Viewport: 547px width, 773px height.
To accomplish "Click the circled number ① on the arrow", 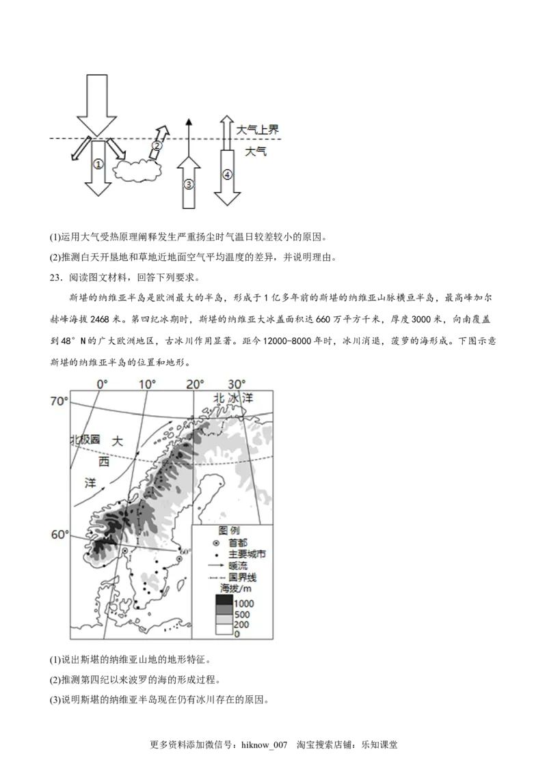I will click(x=98, y=165).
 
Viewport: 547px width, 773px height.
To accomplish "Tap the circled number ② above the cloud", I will click(x=157, y=145).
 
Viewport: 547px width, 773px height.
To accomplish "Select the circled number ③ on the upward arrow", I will click(x=189, y=184).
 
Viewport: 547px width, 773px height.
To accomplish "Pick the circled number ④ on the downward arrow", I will click(x=228, y=174).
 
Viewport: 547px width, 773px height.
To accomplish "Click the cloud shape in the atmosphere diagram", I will click(x=136, y=171).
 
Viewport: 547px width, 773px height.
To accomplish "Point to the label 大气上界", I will click(x=258, y=129).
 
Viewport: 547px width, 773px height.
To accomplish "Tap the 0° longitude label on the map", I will click(x=102, y=384).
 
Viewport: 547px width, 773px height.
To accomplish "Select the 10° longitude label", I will click(x=148, y=384).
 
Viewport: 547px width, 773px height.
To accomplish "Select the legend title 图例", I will click(x=228, y=531).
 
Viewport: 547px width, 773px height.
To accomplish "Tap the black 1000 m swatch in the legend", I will click(x=224, y=601).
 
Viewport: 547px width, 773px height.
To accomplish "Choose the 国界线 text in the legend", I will click(x=243, y=577).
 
